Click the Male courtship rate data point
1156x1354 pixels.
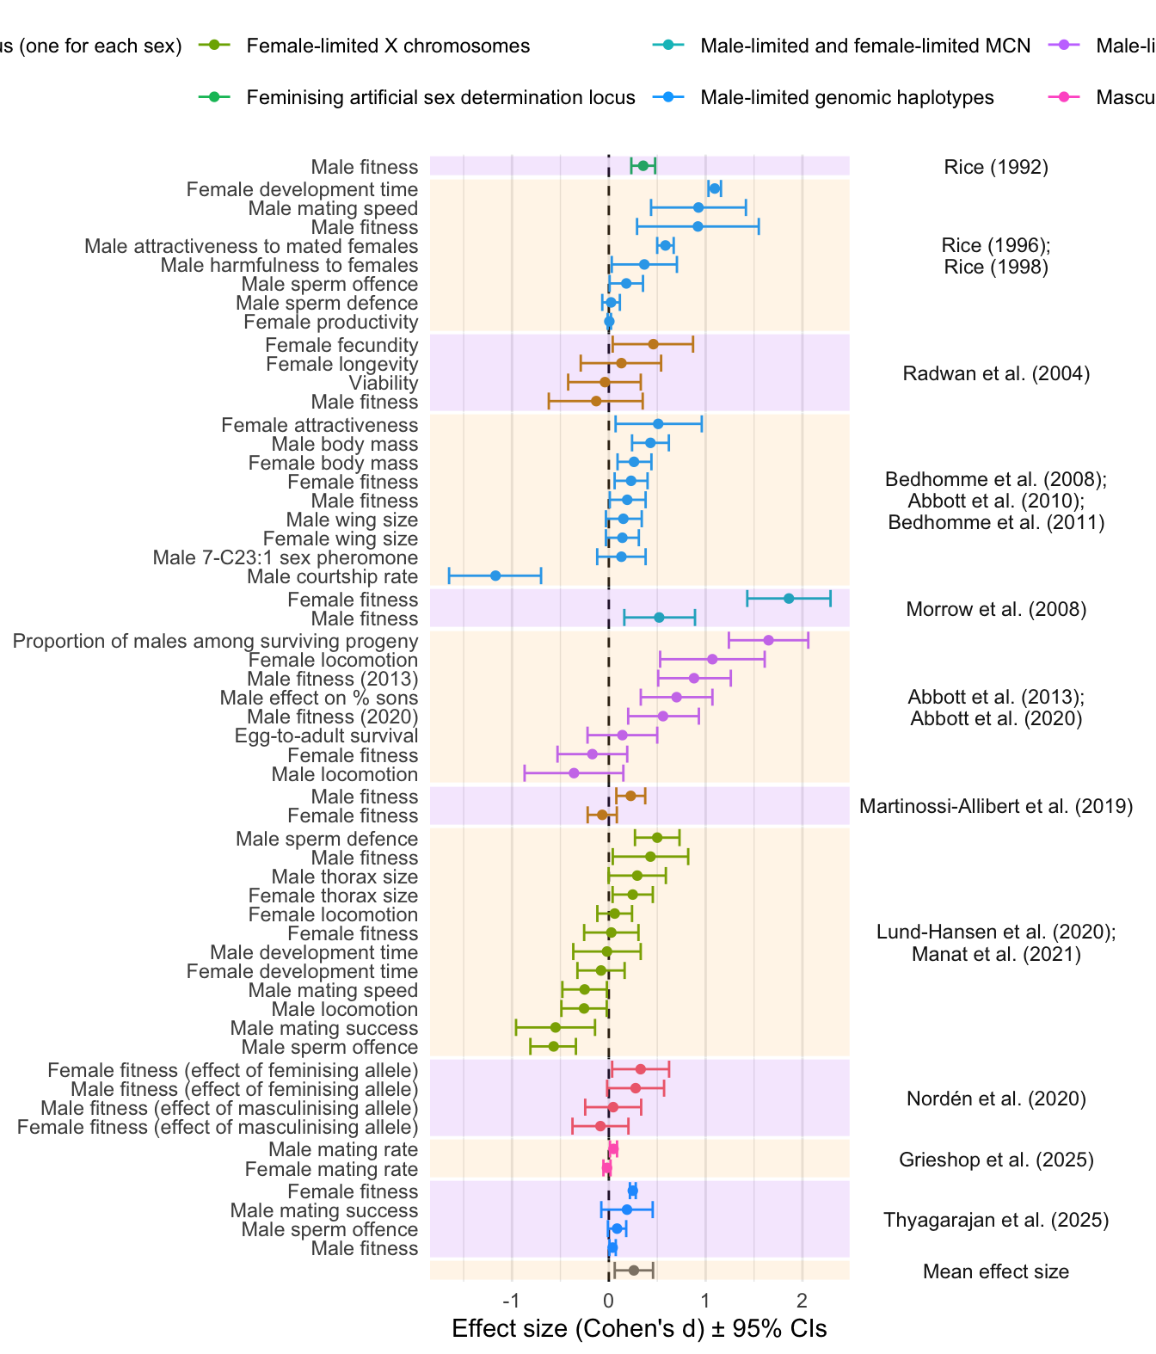click(x=495, y=575)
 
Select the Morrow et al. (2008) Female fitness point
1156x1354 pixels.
click(x=789, y=599)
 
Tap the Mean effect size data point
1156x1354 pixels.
click(x=634, y=1271)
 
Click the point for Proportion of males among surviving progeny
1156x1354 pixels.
click(x=768, y=640)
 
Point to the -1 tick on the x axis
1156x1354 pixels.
click(x=512, y=1299)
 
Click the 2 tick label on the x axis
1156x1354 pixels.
click(x=802, y=1299)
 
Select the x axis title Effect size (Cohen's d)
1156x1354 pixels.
click(x=639, y=1329)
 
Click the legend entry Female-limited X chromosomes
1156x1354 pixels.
click(x=388, y=46)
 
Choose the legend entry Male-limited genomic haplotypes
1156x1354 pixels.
click(x=846, y=97)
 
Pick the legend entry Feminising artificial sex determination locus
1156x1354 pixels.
click(x=440, y=97)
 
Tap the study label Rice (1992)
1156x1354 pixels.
click(x=996, y=167)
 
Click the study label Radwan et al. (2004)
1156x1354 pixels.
click(x=996, y=373)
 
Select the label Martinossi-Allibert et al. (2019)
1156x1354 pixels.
click(x=996, y=806)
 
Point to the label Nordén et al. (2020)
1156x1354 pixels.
click(x=996, y=1099)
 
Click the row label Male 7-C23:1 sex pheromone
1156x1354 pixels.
click(x=285, y=557)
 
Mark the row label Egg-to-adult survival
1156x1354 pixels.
click(x=326, y=735)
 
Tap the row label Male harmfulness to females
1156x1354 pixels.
click(x=289, y=265)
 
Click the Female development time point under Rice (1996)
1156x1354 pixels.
click(x=714, y=188)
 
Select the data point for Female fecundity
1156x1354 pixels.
click(x=653, y=344)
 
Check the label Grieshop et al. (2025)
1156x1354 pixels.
click(x=996, y=1160)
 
